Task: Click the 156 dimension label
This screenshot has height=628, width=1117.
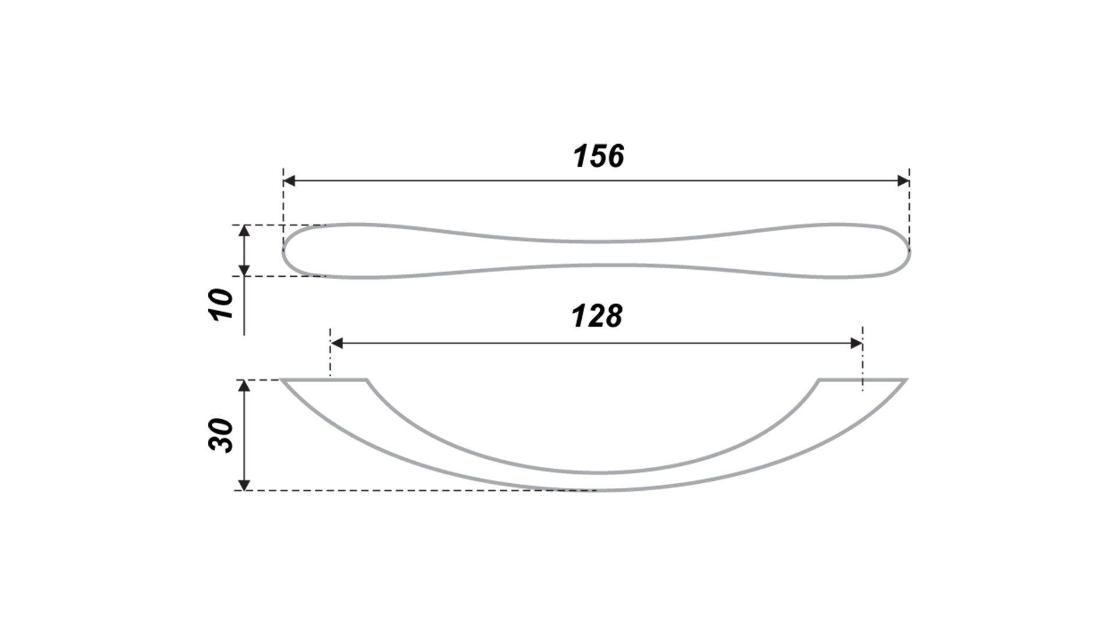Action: pyautogui.click(x=599, y=156)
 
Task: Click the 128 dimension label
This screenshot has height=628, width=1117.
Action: pyautogui.click(x=597, y=316)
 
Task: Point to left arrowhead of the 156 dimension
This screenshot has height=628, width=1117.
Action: pyautogui.click(x=289, y=181)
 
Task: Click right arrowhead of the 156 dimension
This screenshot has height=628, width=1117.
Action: pyautogui.click(x=903, y=181)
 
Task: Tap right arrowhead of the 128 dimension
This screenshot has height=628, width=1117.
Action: pyautogui.click(x=856, y=344)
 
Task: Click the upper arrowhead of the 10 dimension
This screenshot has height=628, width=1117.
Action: pyautogui.click(x=244, y=231)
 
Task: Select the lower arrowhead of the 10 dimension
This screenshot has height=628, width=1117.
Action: pyautogui.click(x=244, y=270)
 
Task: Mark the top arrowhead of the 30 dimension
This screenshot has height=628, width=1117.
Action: pyautogui.click(x=244, y=386)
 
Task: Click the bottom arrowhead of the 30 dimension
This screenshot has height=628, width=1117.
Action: pyautogui.click(x=244, y=484)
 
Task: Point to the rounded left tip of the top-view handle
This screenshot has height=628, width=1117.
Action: pyautogui.click(x=284, y=252)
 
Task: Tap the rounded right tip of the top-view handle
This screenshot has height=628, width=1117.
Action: pyautogui.click(x=909, y=252)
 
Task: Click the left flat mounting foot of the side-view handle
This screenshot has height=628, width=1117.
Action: pyautogui.click(x=324, y=380)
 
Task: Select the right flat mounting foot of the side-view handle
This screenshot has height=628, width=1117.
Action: pyautogui.click(x=863, y=380)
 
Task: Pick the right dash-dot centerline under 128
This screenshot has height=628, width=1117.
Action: pyautogui.click(x=863, y=359)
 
